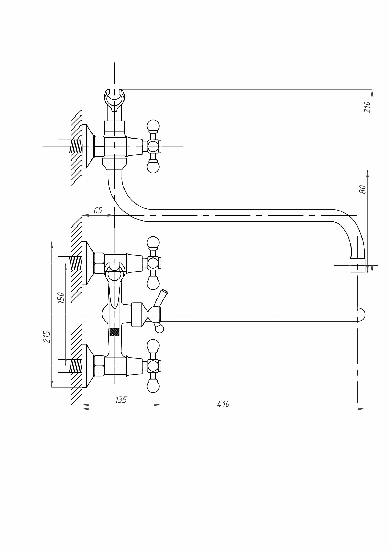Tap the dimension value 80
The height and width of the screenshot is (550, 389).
pos(363,189)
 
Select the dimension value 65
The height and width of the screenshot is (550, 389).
pos(98,210)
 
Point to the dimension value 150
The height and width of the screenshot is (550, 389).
pos(61,298)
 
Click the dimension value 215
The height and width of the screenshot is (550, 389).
pos(47,337)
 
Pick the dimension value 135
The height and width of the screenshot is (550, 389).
pos(121,400)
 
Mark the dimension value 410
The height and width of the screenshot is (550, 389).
pos(223,404)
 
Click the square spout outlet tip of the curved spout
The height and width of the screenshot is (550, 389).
pos(358,265)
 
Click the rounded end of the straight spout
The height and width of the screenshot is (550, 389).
pos(361,315)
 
